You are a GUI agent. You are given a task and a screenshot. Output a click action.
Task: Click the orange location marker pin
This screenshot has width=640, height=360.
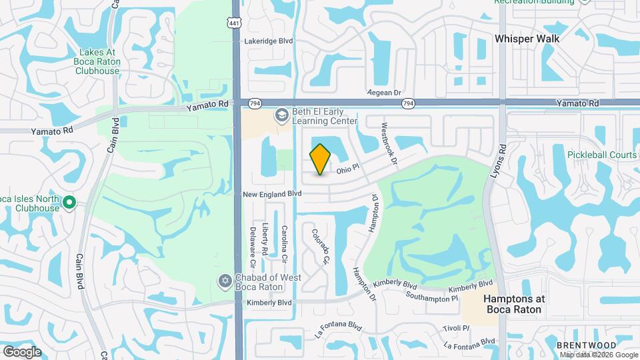320,159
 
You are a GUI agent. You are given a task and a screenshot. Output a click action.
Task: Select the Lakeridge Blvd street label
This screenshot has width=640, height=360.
269,41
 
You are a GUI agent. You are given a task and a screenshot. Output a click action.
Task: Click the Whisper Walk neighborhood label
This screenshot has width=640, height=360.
527,39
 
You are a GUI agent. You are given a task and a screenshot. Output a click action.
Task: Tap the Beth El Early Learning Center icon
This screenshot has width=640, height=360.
281,116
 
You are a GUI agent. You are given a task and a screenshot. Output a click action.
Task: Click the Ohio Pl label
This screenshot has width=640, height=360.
347,169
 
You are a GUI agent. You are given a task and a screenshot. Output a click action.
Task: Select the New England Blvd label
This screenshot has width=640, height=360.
272,193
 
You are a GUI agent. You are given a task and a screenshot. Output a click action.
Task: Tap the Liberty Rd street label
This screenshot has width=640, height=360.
265,239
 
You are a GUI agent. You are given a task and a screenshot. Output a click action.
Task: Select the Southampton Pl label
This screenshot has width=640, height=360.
431,297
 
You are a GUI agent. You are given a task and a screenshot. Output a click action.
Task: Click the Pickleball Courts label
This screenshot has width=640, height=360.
602,155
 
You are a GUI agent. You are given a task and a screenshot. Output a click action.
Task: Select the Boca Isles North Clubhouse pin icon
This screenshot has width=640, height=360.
68,202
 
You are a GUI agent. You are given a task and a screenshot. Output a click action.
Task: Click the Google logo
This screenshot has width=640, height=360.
22,351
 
